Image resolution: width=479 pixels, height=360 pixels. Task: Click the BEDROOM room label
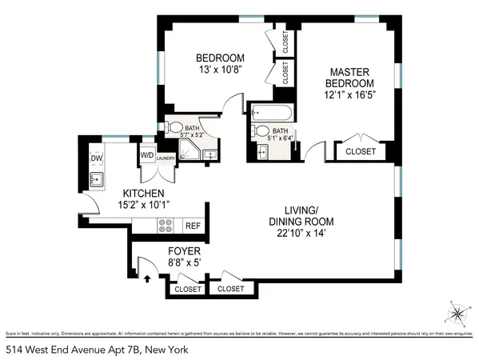click(220, 58)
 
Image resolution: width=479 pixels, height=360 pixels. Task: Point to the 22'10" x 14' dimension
click(301, 234)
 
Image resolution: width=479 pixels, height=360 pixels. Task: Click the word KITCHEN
click(143, 194)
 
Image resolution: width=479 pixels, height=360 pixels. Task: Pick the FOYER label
click(158, 248)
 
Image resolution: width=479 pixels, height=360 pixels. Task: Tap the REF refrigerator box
click(193, 226)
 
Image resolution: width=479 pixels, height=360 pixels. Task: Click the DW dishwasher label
click(95, 158)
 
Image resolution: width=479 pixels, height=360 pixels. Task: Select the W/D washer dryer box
click(147, 155)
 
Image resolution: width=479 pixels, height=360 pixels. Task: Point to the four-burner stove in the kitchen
click(166, 226)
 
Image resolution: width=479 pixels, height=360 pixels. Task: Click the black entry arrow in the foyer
click(146, 279)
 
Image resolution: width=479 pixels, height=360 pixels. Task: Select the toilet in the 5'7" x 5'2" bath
click(175, 128)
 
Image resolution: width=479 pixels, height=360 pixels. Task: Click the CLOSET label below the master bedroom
click(360, 150)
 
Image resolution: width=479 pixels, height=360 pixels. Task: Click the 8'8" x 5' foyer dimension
click(158, 261)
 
